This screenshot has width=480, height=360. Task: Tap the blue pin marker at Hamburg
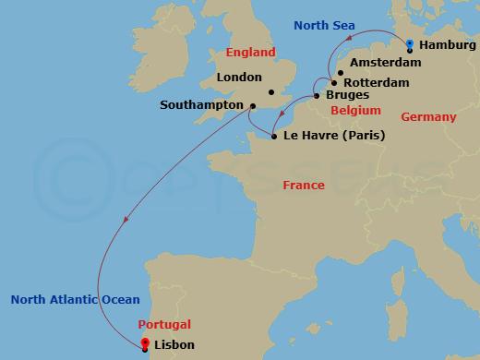(410, 43)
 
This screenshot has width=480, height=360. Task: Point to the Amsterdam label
(385, 63)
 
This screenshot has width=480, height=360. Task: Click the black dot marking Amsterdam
(341, 73)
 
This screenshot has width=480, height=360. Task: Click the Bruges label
(348, 95)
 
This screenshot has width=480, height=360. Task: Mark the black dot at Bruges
(317, 96)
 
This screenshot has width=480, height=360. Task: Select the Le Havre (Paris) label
(335, 136)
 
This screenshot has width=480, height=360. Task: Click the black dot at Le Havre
(274, 137)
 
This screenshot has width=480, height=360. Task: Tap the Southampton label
(201, 105)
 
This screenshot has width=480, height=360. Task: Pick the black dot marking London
(270, 91)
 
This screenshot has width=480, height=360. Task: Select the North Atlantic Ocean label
(75, 300)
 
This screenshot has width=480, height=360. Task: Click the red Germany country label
(428, 117)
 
